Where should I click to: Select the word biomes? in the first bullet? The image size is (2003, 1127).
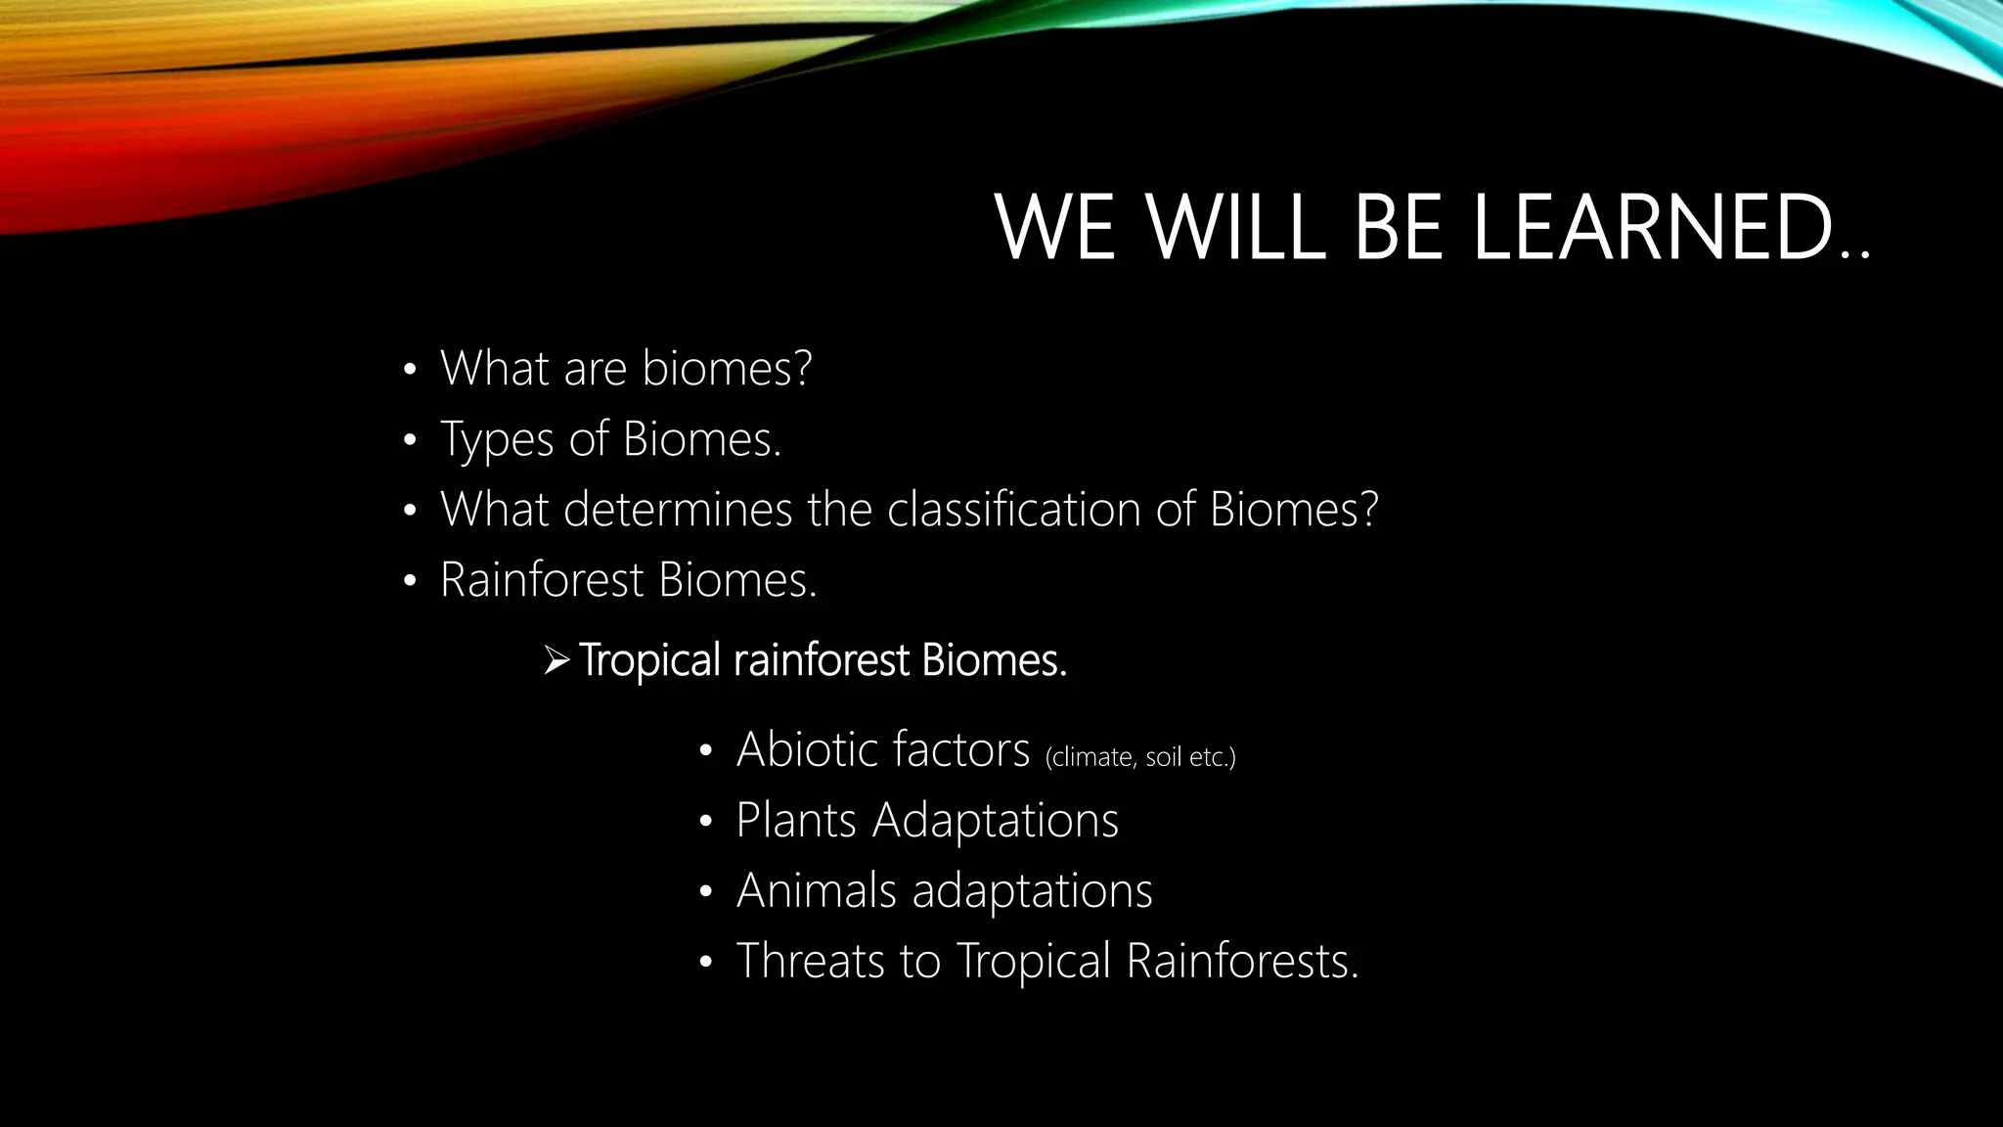click(x=727, y=369)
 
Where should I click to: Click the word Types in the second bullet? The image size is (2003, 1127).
click(x=497, y=439)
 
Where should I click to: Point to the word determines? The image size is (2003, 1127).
click(x=677, y=510)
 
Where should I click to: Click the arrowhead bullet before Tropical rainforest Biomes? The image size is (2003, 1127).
click(x=556, y=661)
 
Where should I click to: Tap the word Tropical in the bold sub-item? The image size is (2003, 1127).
click(x=649, y=661)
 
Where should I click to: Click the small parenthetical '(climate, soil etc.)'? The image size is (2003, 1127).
click(x=1140, y=758)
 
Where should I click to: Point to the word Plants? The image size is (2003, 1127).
click(x=796, y=820)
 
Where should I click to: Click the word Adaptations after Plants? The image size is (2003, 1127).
click(x=995, y=820)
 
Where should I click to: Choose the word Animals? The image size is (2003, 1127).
click(x=817, y=890)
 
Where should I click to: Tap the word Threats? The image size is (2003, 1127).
click(x=811, y=961)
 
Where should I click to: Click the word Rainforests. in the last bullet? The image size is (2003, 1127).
click(x=1242, y=961)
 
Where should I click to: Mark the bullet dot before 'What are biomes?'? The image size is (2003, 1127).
click(x=410, y=371)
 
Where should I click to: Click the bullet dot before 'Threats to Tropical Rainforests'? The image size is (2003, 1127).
click(x=706, y=963)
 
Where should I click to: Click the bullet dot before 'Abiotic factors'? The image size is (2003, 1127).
click(x=706, y=751)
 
